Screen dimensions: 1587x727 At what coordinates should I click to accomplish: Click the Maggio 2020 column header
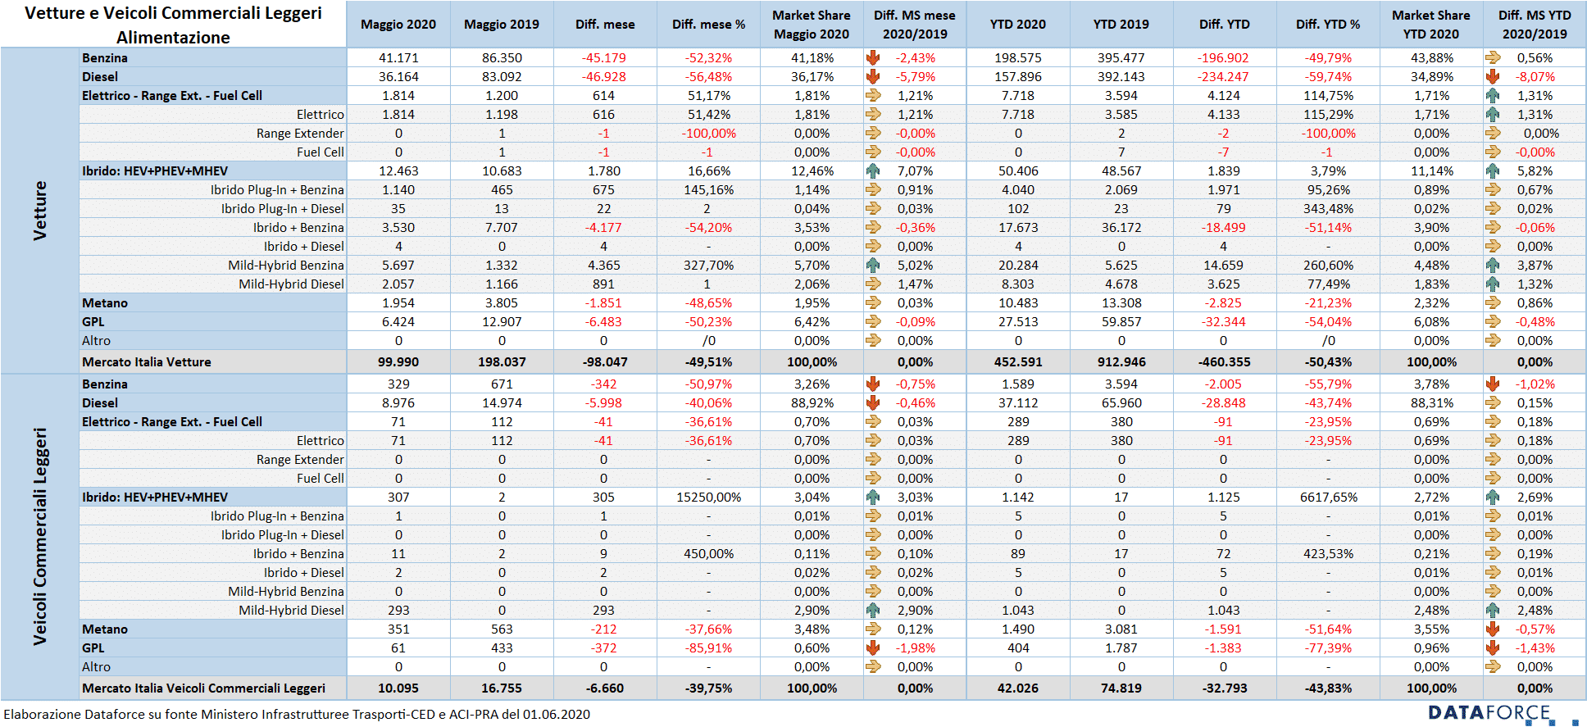tap(398, 25)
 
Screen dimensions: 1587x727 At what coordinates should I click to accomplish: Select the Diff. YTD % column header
tap(1328, 25)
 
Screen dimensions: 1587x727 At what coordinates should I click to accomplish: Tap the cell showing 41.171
tap(398, 58)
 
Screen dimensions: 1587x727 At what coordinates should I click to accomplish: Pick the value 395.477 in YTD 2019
tap(1121, 58)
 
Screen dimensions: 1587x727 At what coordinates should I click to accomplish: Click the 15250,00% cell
tap(708, 498)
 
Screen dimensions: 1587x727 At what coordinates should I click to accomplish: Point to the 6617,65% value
tap(1328, 498)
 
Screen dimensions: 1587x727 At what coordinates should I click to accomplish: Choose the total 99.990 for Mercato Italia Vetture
tap(398, 362)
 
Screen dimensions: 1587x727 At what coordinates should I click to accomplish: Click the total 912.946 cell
tap(1121, 362)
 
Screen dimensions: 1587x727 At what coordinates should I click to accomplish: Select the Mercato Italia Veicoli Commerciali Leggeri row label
tap(203, 688)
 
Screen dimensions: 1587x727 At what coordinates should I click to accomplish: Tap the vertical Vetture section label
tap(39, 211)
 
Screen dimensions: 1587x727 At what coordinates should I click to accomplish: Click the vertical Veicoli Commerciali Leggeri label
tap(39, 537)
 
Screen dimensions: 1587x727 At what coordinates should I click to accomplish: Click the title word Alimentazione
tap(173, 38)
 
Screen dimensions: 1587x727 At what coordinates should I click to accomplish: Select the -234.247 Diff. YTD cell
tap(1223, 77)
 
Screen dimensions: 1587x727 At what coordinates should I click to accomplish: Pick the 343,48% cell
tap(1328, 209)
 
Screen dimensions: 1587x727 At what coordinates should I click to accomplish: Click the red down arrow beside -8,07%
tap(1493, 76)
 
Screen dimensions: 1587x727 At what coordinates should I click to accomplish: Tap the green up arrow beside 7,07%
tap(873, 170)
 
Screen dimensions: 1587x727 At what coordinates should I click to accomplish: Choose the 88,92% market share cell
tap(812, 403)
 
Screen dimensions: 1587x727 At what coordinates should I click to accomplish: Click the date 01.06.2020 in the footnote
tap(557, 715)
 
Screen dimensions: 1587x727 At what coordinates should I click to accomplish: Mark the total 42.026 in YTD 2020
tap(1018, 688)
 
